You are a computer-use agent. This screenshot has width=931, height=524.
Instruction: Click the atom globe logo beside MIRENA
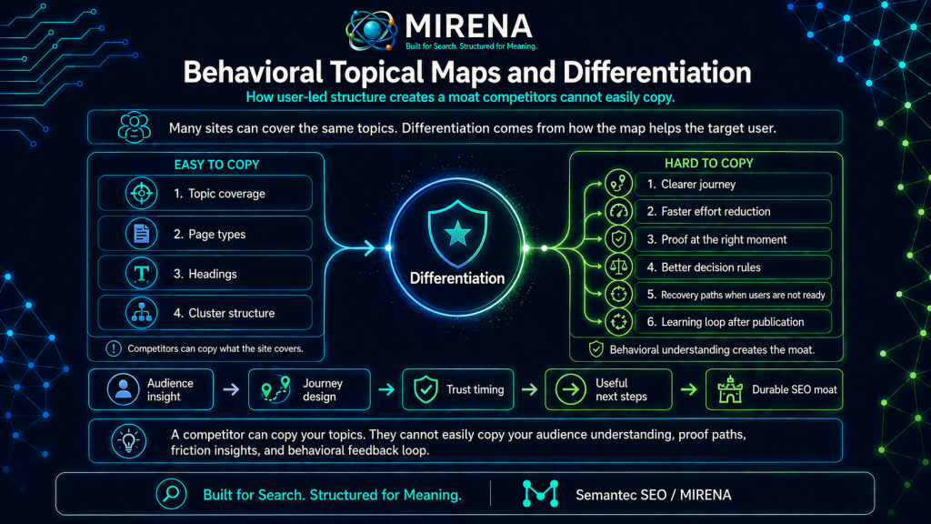tap(372, 30)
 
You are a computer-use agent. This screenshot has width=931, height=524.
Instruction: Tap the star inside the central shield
tap(458, 234)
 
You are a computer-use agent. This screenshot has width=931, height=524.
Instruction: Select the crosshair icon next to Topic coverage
tap(141, 193)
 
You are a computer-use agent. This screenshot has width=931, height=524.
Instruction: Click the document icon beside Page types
tap(141, 234)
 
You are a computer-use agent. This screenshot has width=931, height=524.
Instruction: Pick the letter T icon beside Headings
tap(141, 273)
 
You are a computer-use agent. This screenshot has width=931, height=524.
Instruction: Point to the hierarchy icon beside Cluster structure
tap(141, 313)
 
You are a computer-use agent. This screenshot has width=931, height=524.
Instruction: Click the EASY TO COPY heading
tap(216, 165)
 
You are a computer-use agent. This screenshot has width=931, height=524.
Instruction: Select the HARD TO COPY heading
tap(709, 164)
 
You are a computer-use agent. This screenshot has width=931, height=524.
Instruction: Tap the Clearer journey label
tap(691, 184)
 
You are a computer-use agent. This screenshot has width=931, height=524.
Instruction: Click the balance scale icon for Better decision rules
tap(618, 267)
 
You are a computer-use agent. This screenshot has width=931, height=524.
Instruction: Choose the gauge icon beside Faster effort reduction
tap(618, 211)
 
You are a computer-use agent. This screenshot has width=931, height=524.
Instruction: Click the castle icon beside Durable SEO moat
tap(730, 389)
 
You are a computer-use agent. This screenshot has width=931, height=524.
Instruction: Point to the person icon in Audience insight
tap(123, 389)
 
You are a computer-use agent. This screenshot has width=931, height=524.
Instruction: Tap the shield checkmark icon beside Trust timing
tap(425, 389)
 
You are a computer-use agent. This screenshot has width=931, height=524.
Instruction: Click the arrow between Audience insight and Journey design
tap(231, 389)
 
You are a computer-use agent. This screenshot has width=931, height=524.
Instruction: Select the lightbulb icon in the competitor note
tap(128, 441)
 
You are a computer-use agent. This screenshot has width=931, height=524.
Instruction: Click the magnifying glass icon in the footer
tap(171, 494)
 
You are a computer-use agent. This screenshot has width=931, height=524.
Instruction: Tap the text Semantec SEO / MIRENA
tap(653, 495)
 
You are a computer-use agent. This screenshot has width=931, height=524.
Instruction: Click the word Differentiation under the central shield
tap(457, 278)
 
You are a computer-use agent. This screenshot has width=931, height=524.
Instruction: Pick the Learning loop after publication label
tap(725, 322)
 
